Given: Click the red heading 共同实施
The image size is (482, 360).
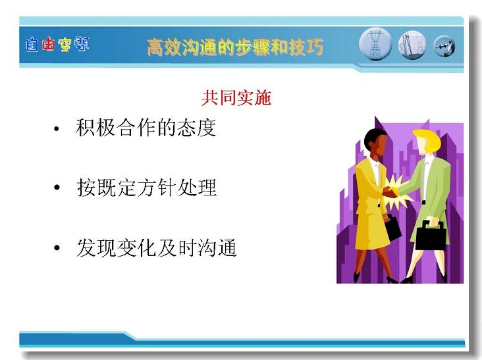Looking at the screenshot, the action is (x=236, y=97).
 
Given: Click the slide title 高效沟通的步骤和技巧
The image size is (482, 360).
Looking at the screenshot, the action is (x=235, y=47).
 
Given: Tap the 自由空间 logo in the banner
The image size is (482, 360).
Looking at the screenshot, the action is (x=57, y=44).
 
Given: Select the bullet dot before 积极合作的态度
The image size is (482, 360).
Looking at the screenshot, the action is (x=56, y=129).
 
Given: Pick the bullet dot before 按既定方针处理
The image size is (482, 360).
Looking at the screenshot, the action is (x=57, y=187).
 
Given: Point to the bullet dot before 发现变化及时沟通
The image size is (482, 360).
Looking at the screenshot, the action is (x=57, y=247).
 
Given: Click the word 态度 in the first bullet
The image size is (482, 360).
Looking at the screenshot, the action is (x=196, y=127).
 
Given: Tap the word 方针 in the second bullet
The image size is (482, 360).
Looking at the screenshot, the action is (x=157, y=188).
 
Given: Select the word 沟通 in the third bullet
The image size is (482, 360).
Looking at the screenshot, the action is (x=217, y=247).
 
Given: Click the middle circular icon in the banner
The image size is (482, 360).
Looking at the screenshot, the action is (x=412, y=45).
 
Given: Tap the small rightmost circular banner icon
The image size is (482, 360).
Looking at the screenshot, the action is (x=444, y=46).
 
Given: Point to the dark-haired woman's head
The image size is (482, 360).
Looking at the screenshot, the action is (x=375, y=142).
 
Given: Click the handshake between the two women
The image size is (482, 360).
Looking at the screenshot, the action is (x=390, y=193).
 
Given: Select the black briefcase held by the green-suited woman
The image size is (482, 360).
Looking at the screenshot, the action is (x=431, y=236).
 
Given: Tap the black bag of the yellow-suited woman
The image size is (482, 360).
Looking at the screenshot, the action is (x=392, y=227).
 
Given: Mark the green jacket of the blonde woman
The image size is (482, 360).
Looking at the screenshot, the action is (x=434, y=184).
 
